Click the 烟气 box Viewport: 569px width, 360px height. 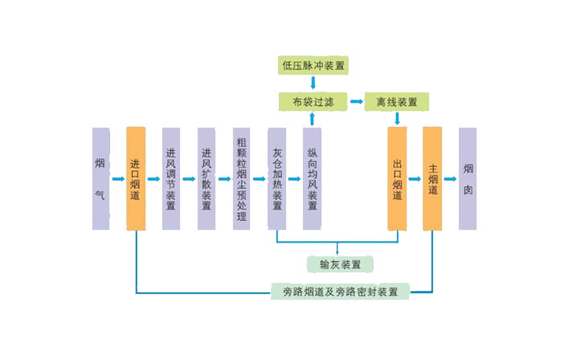point(100,178)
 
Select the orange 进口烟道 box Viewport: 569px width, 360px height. point(136,178)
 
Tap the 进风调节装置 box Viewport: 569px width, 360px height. point(170,178)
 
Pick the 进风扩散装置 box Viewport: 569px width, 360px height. point(207,178)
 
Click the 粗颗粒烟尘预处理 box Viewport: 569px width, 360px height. point(242,178)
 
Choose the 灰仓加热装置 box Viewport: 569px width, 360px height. point(277,178)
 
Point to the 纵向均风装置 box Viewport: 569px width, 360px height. point(312,178)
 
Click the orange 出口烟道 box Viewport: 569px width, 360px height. point(397,178)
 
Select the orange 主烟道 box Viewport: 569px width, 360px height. point(432,178)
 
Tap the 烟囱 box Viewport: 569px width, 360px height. point(468,178)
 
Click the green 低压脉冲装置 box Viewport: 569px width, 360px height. point(314,65)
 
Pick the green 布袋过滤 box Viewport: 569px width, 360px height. point(313,102)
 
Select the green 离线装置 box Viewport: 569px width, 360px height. point(397,102)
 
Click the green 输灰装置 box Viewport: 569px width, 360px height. point(340,264)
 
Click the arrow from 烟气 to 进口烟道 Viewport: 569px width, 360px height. point(118,178)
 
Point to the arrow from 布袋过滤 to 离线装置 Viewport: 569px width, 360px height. point(355,102)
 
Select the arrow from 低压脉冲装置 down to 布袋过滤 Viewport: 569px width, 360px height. point(313,84)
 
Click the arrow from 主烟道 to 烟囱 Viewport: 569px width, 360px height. point(450,179)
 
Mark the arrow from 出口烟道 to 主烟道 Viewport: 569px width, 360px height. point(415,179)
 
